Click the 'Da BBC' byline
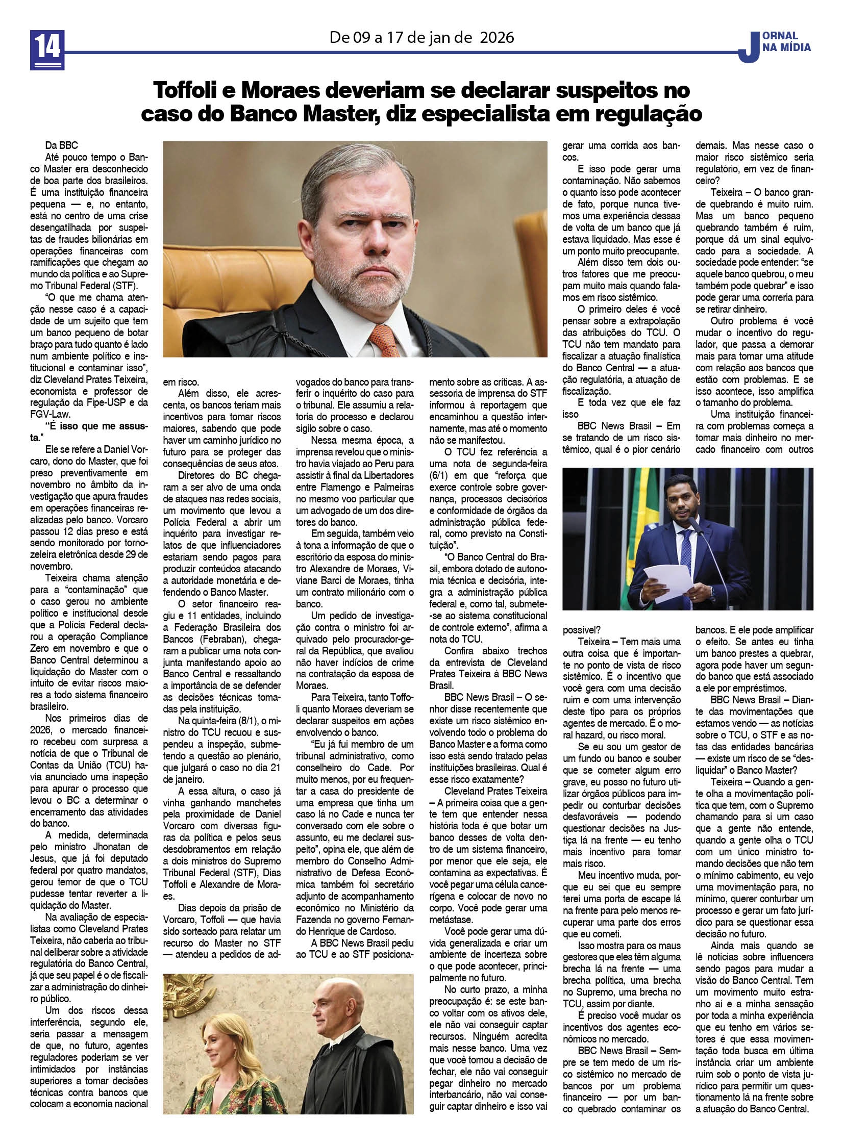(x=61, y=145)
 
